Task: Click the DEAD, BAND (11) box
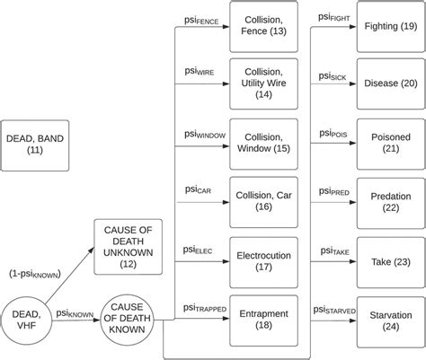34,145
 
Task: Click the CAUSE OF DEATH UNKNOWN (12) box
128,247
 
